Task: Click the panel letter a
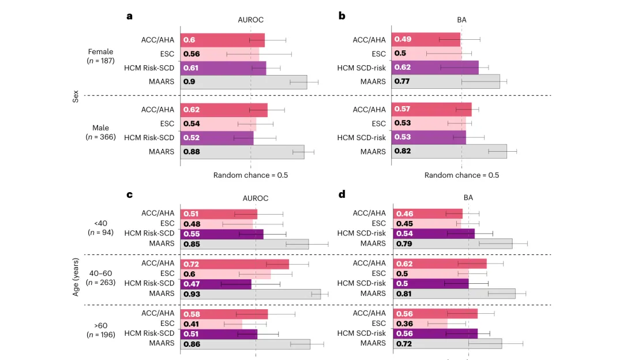130,16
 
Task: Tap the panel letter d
342,194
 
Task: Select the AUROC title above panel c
256,198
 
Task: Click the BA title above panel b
461,20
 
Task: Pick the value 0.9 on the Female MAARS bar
189,82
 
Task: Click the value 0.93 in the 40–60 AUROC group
191,294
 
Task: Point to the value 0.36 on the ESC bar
403,324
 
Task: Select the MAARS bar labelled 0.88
242,152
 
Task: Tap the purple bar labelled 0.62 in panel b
435,67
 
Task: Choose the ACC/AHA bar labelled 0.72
235,264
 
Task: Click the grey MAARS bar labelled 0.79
453,243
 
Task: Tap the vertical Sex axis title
76,96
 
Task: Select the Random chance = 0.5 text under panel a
250,175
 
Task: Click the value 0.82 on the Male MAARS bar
403,151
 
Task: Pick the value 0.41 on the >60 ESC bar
191,324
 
